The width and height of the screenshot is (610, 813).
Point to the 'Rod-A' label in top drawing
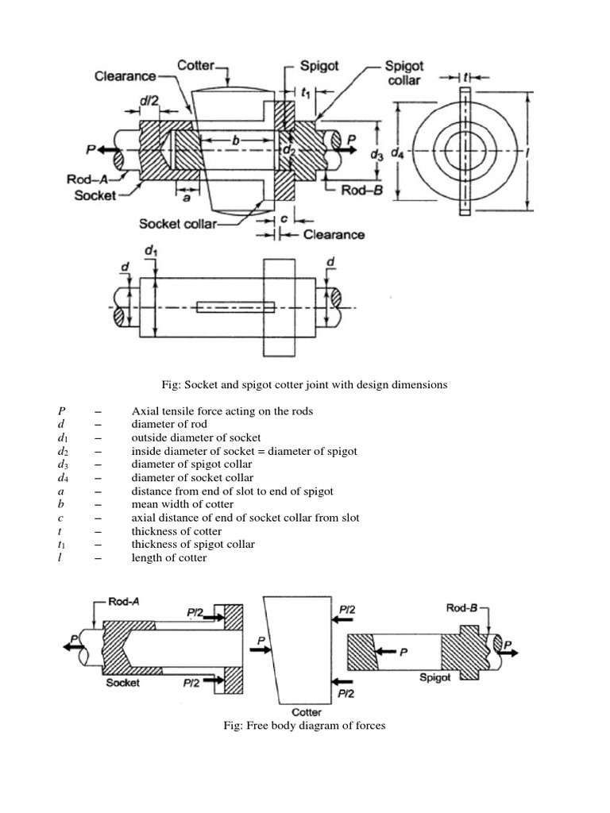pos(86,179)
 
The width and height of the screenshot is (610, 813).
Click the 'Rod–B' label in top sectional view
pos(362,191)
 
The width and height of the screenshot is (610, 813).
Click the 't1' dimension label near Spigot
pos(306,94)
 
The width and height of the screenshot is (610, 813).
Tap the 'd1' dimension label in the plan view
pos(150,252)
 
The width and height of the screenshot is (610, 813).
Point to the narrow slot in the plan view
pos(236,306)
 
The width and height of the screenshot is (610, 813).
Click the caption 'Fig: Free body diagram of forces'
pos(306,726)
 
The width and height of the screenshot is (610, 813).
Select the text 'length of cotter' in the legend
pos(169,557)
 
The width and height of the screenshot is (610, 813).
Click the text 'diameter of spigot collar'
pos(191,464)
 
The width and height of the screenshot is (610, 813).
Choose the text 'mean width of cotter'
pos(183,504)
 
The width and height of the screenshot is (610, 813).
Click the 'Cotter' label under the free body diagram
pos(306,712)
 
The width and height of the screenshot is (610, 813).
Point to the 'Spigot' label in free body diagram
pos(434,677)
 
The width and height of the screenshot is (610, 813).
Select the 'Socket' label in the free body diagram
pos(123,683)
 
